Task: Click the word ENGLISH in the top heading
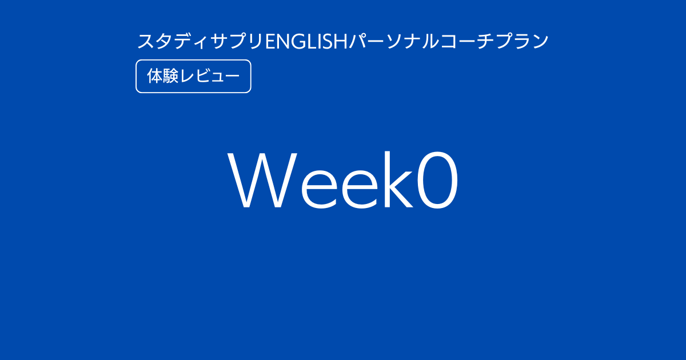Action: pos(306,42)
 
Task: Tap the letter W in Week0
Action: pos(262,179)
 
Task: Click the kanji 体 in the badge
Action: pos(155,76)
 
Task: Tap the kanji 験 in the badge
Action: pos(170,76)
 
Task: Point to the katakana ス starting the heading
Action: pos(145,42)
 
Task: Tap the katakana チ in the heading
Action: pos(485,42)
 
